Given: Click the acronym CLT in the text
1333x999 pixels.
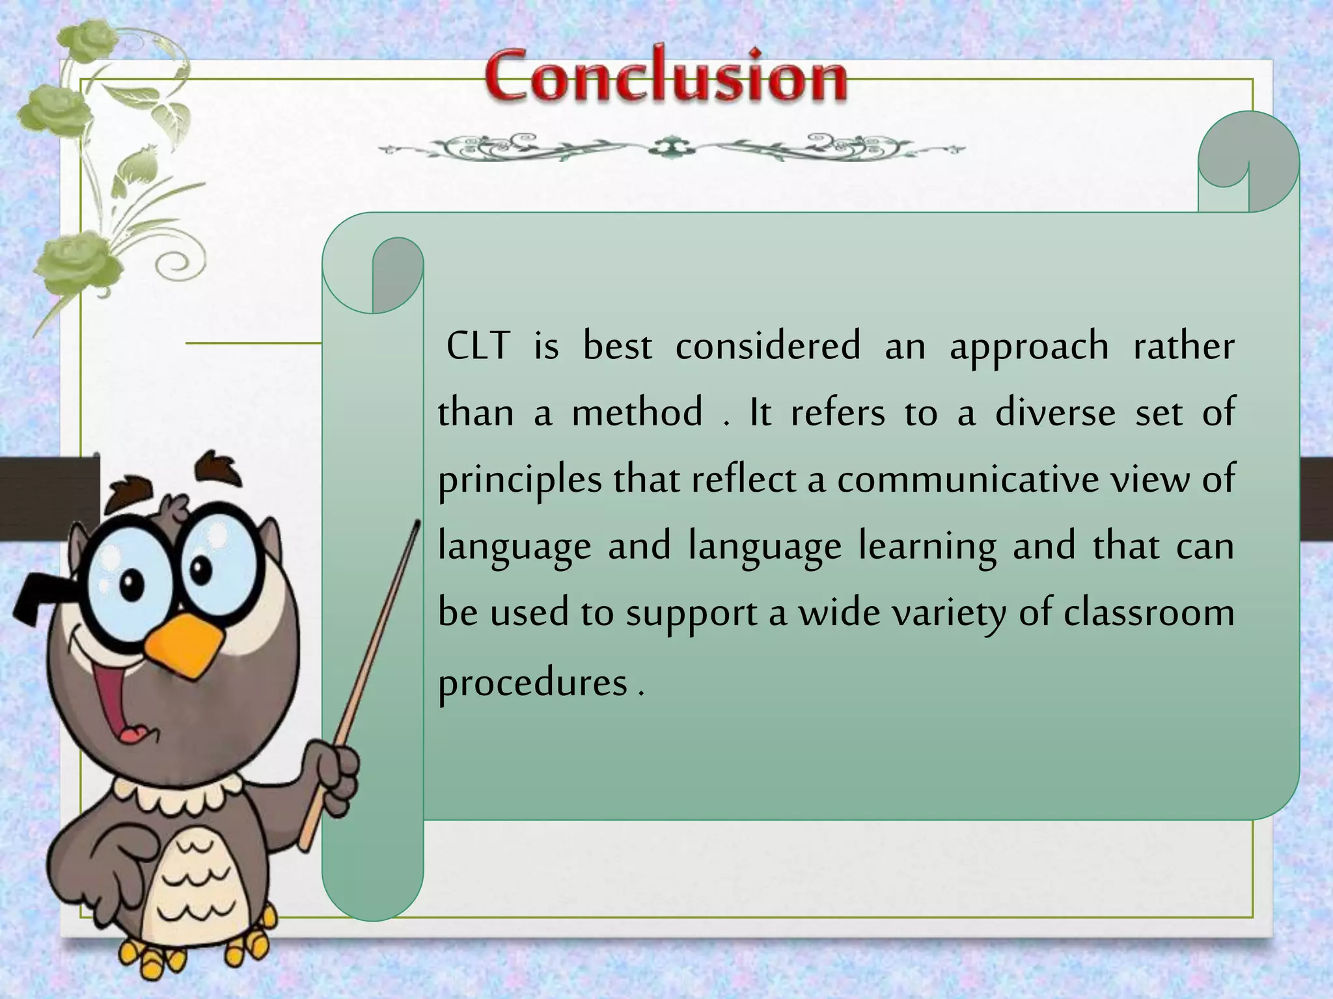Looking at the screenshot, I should point(478,346).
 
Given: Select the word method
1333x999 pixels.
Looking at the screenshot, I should point(637,412).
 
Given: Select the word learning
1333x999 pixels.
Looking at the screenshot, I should point(927,546).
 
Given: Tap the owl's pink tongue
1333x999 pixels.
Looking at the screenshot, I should point(134,734).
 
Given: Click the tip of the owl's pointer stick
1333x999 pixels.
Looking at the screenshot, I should point(417,523).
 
